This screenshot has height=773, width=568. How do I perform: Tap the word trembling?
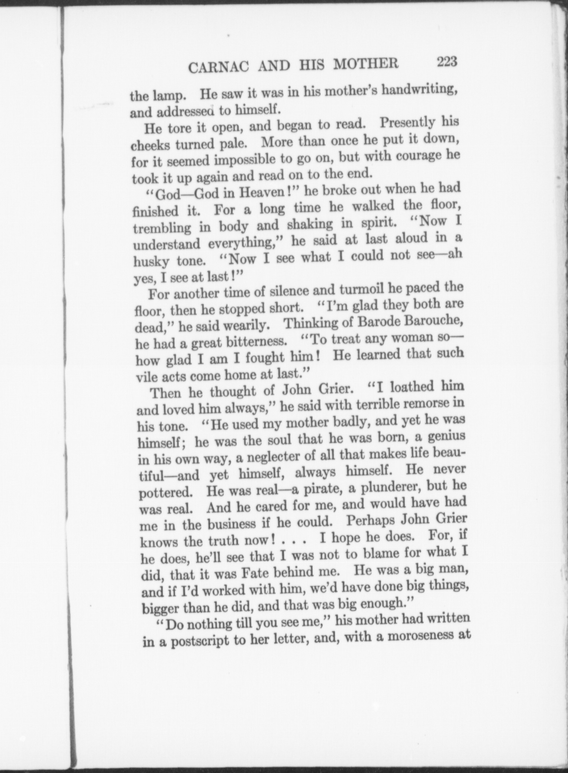(162, 227)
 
